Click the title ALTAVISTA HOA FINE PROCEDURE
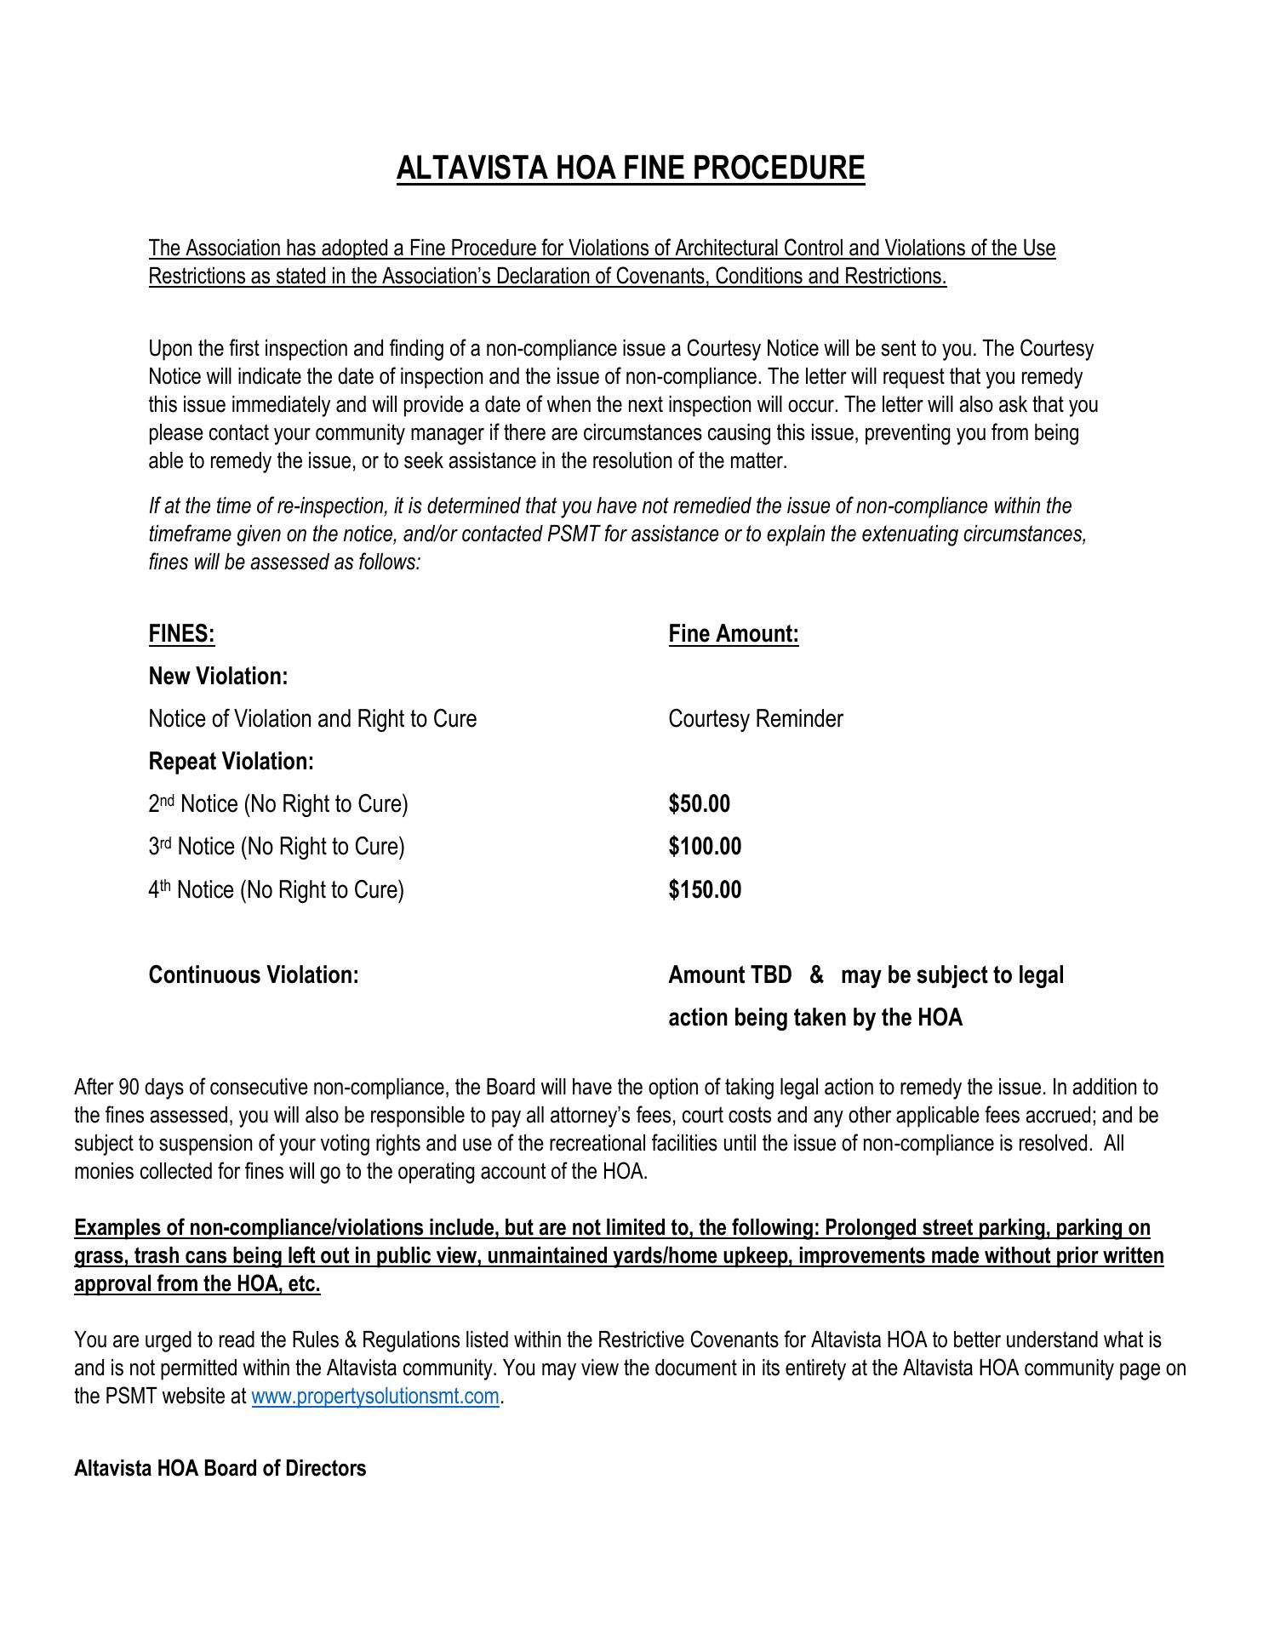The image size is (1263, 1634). pos(630,168)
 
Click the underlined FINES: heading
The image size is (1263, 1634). pos(181,634)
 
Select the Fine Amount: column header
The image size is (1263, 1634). pos(733,634)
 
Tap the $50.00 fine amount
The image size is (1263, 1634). pos(699,804)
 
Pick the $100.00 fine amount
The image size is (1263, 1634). pos(705,847)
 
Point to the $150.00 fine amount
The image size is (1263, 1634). pos(705,890)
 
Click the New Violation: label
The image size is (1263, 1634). pos(218,677)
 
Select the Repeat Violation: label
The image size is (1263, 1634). pos(231,762)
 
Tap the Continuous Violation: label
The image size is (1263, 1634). pos(253,975)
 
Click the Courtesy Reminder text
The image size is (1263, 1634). pos(755,719)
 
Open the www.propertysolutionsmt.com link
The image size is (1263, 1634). pos(374,1397)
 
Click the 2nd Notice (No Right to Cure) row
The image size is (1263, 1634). pos(277,804)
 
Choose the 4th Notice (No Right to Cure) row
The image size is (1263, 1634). pos(276,890)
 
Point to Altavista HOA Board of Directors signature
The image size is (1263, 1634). pos(220,1468)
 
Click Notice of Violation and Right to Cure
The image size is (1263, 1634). pos(312,719)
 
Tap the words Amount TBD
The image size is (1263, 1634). pos(729,975)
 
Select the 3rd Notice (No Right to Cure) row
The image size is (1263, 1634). pos(276,847)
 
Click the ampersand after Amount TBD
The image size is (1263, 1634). pos(816,975)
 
